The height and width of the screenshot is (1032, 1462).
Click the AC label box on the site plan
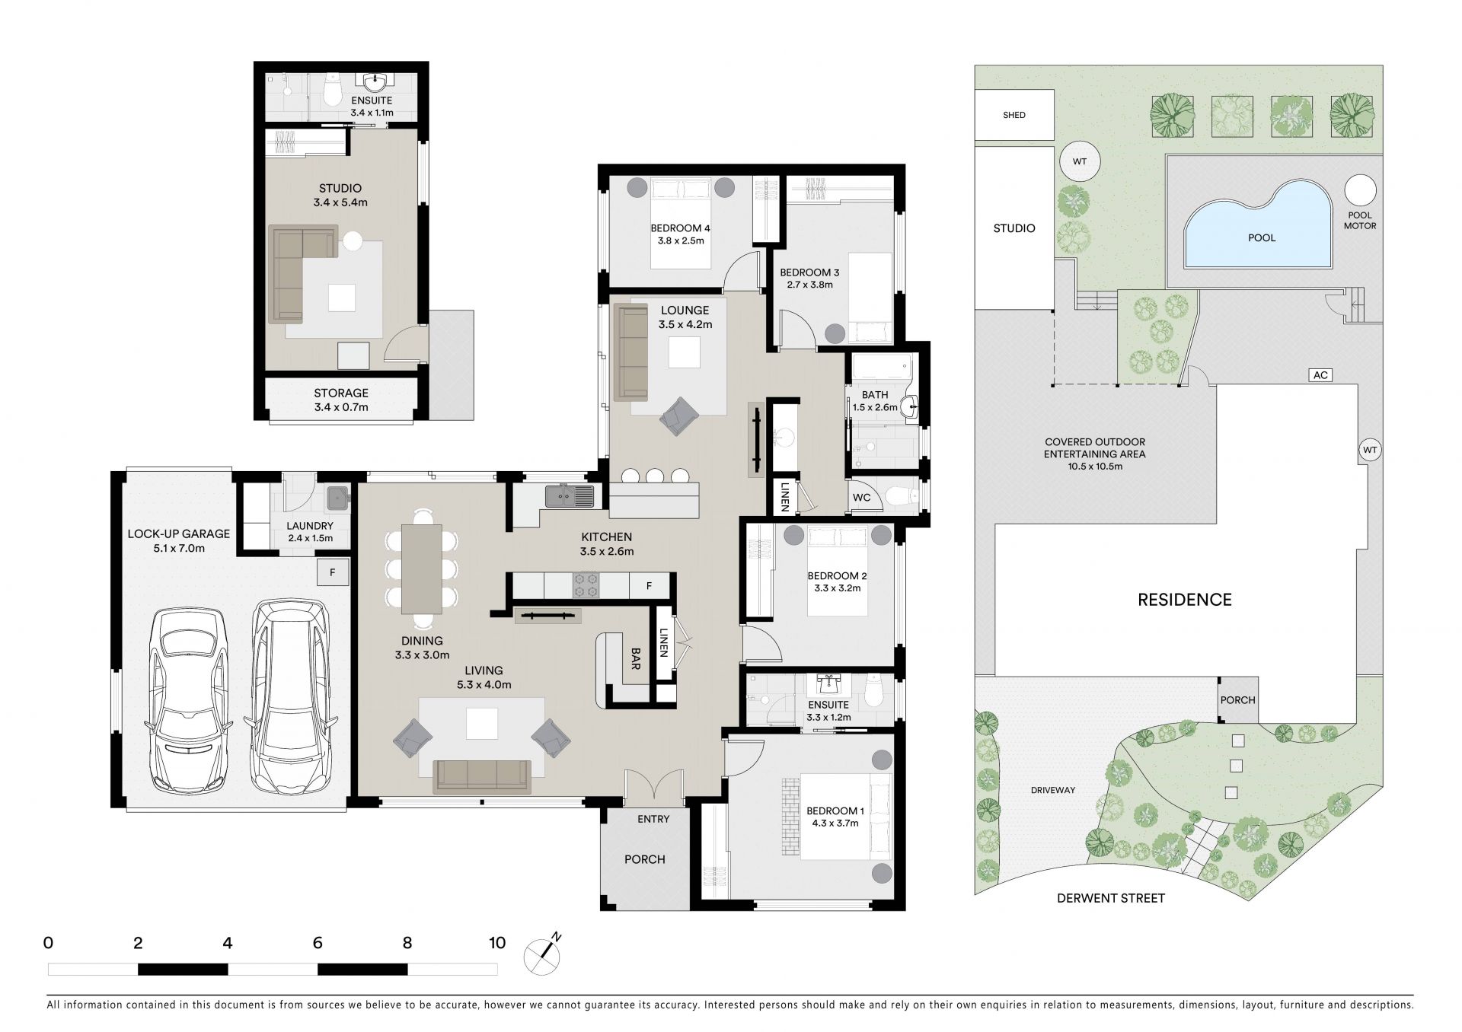[x=1321, y=374]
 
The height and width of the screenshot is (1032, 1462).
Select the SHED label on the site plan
[x=1014, y=115]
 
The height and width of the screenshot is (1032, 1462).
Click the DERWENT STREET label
[x=1111, y=898]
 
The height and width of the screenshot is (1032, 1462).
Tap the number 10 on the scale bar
[x=497, y=943]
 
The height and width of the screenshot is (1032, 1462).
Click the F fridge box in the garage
[x=333, y=572]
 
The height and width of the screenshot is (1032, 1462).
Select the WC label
[x=861, y=498]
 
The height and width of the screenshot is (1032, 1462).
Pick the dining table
[x=422, y=569]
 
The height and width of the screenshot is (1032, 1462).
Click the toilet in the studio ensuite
[x=332, y=91]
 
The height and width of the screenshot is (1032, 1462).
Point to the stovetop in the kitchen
[x=586, y=584]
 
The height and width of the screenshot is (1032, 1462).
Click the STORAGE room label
[x=341, y=393]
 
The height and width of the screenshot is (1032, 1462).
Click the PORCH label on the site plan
[x=1237, y=700]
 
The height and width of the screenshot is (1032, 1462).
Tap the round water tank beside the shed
[x=1079, y=161]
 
